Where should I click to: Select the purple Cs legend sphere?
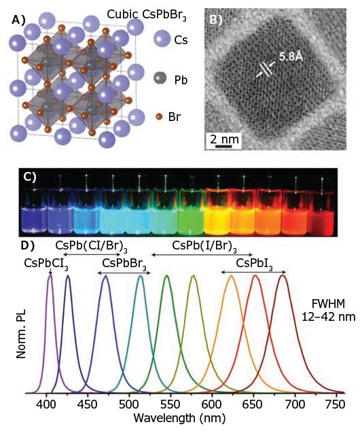[164, 39]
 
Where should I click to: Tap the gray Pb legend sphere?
[164, 80]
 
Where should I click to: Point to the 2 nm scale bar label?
[224, 140]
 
